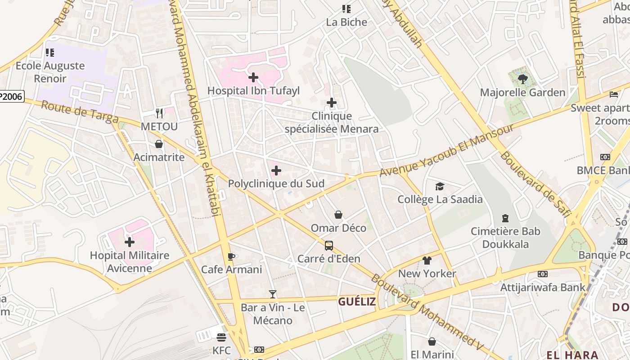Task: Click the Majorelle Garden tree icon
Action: pos(522,79)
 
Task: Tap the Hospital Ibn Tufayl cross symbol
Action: pos(253,77)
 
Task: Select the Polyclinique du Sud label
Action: pos(276,184)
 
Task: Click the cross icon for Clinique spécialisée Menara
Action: pos(332,103)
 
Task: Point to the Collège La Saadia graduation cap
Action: pos(440,186)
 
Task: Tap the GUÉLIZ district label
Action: pos(356,301)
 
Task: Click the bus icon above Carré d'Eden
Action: pos(329,246)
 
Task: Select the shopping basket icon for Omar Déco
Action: pos(338,215)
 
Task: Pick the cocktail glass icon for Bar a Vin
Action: pos(273,294)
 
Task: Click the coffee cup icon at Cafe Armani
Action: pos(231,256)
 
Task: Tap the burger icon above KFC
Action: pos(221,337)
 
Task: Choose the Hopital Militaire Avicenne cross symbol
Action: pos(130,243)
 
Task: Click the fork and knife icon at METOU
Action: pos(159,113)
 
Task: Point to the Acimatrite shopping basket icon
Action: pos(159,144)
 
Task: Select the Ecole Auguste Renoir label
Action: pos(50,72)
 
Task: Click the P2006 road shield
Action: pos(11,96)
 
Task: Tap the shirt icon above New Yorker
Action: pos(427,261)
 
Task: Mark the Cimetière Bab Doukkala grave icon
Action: pos(505,218)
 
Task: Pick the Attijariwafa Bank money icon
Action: pos(543,274)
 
